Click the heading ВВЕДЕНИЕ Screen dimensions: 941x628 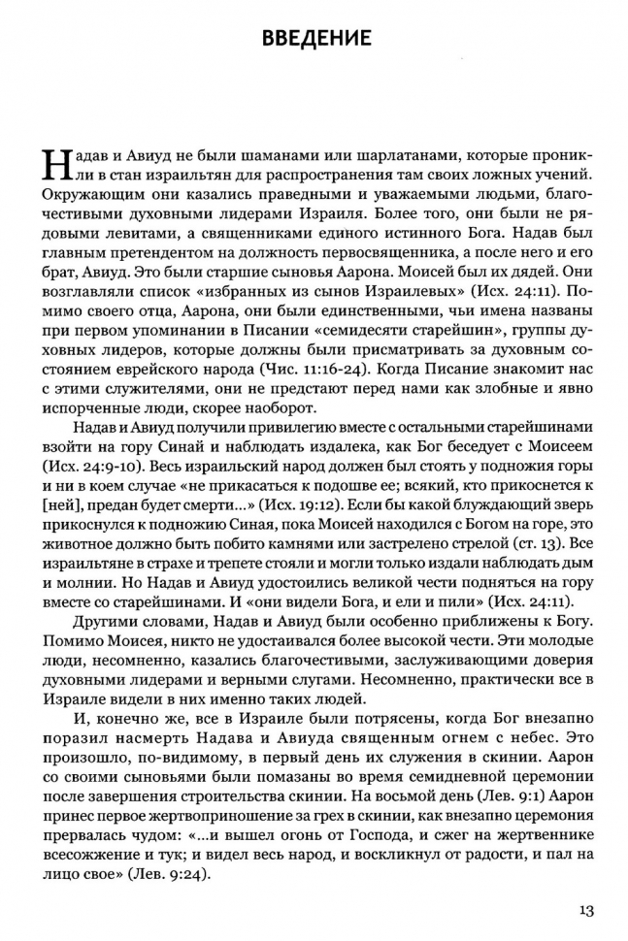click(315, 39)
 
